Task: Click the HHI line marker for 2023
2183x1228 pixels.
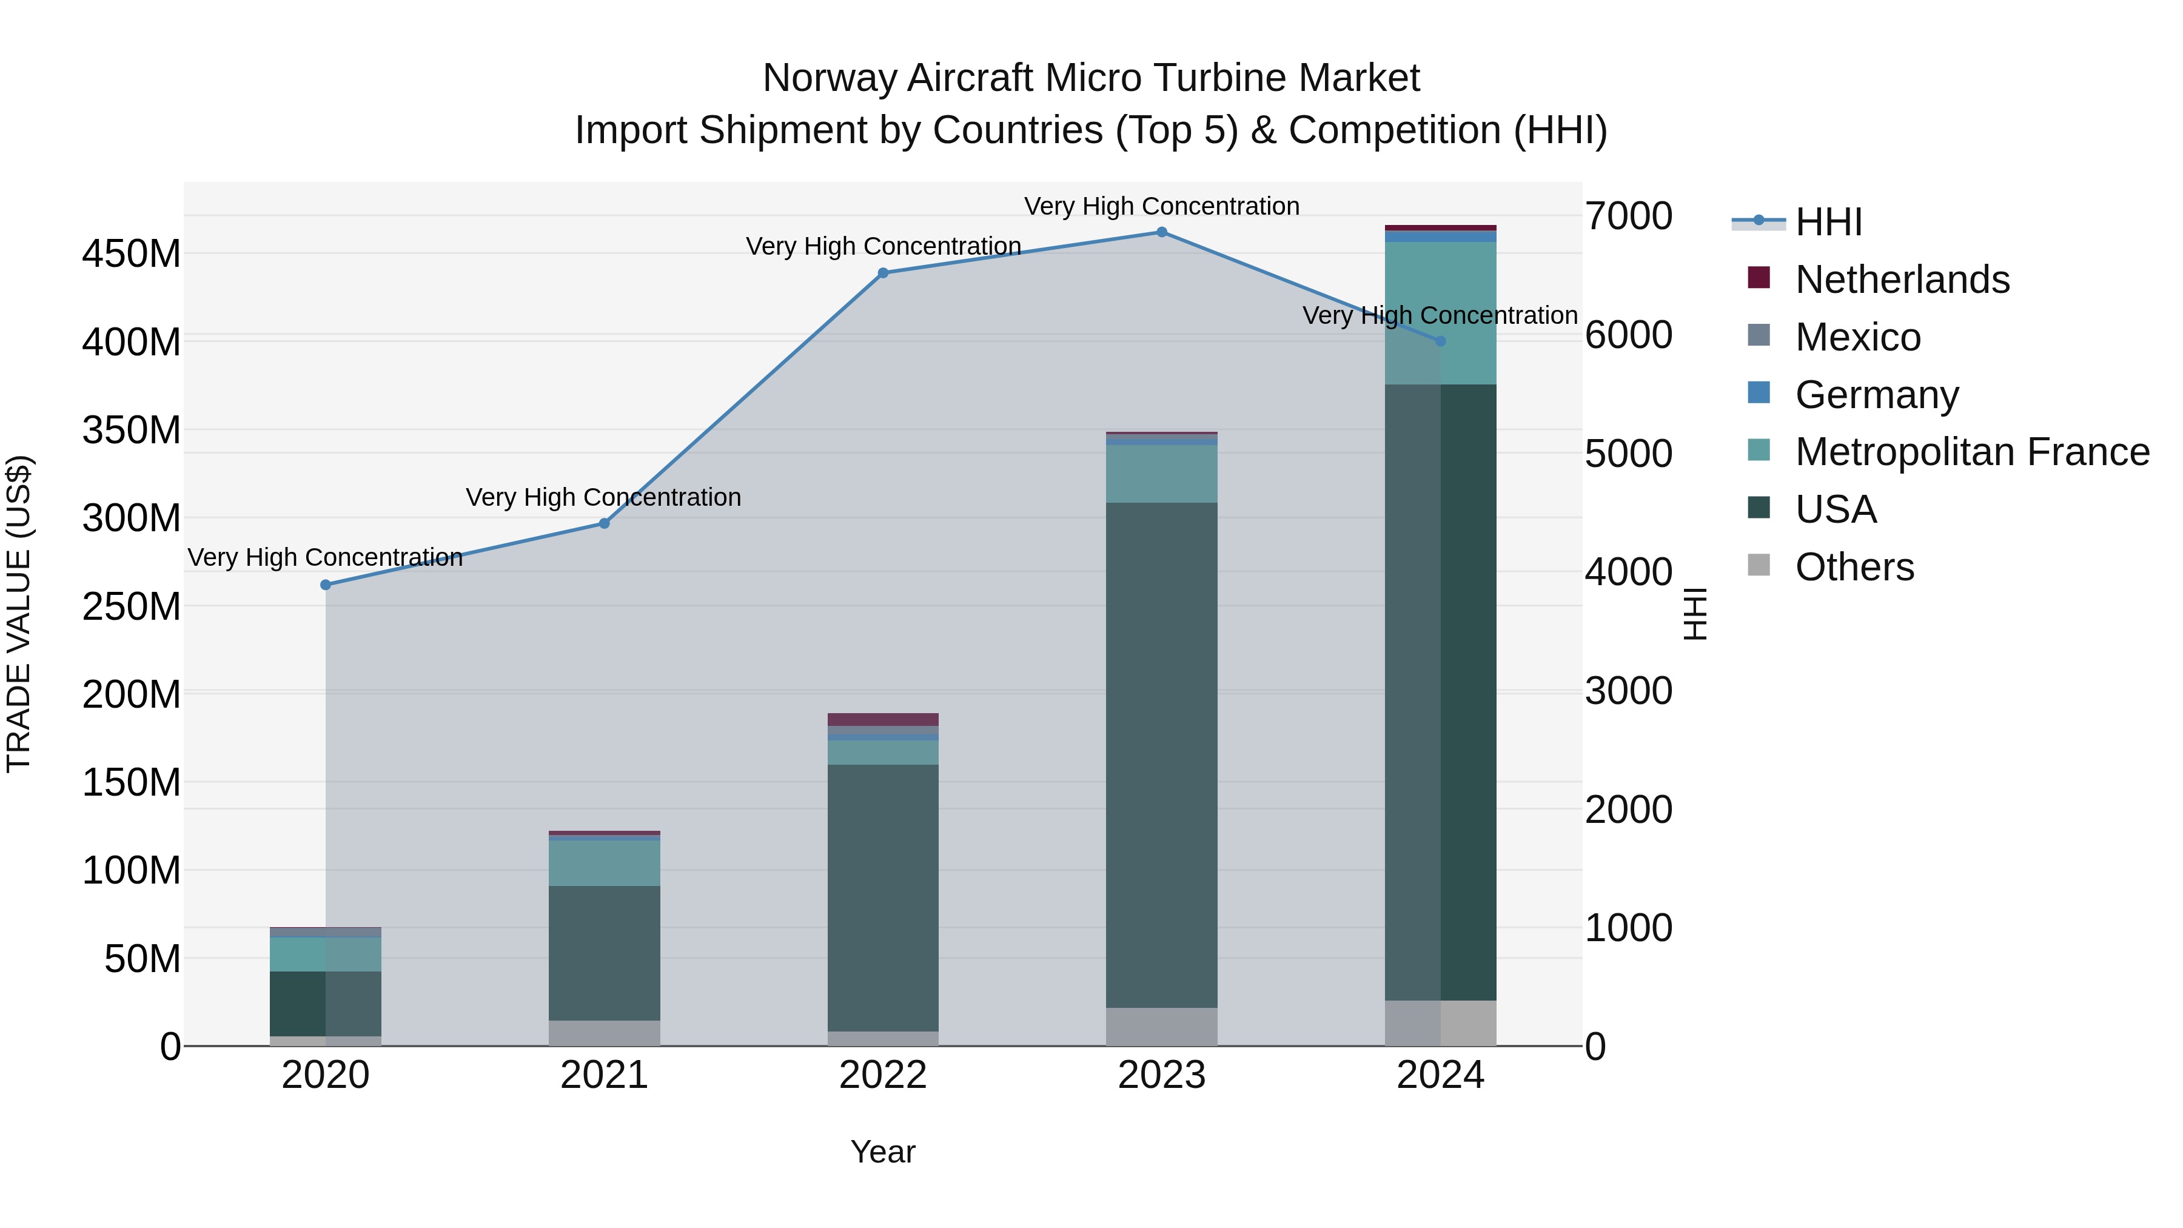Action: (1162, 232)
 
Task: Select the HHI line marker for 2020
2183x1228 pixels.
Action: (326, 585)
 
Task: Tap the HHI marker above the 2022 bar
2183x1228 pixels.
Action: (883, 273)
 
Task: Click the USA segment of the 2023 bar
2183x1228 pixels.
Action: (1162, 754)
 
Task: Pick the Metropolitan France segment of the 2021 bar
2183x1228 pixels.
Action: (604, 863)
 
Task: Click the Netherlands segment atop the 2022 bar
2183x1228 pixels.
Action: (883, 719)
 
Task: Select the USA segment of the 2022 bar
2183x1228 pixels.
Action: (883, 898)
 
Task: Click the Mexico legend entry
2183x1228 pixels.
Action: (1857, 337)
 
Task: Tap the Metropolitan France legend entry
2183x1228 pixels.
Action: (1971, 452)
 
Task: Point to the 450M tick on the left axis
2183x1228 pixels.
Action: (132, 253)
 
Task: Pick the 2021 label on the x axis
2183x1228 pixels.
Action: (604, 1075)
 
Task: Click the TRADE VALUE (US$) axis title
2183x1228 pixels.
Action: (19, 614)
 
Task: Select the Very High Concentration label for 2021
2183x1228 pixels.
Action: (603, 497)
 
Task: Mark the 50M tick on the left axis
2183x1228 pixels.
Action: (143, 959)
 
